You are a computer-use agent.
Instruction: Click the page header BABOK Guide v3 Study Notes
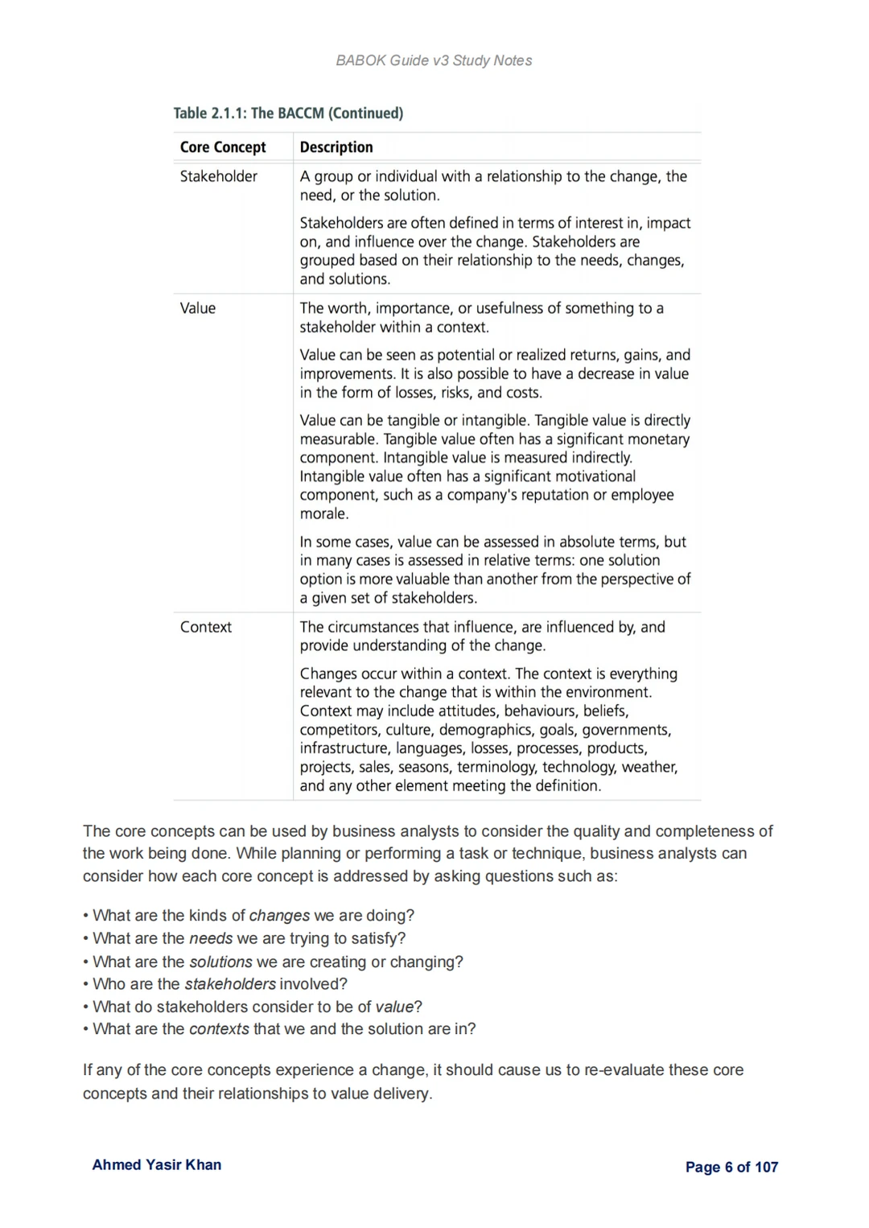(x=434, y=60)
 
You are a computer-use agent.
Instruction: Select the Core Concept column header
(x=223, y=147)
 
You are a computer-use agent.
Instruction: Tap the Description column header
(x=336, y=147)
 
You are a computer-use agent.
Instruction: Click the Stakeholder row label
(x=219, y=176)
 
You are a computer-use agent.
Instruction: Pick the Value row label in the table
(x=198, y=308)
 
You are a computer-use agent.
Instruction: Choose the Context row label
(x=206, y=627)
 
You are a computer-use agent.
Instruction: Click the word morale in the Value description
(x=323, y=513)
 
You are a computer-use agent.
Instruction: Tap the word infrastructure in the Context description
(x=344, y=748)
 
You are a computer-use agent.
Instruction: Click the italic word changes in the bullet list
(x=279, y=916)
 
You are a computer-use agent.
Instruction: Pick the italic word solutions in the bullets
(x=220, y=962)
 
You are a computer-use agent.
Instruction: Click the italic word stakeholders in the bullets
(x=230, y=984)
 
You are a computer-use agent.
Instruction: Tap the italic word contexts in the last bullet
(x=219, y=1029)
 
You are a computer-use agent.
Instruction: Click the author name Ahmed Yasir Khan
(x=157, y=1164)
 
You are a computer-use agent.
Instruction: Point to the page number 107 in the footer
(x=767, y=1167)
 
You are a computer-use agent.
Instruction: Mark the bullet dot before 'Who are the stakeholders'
(x=86, y=984)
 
